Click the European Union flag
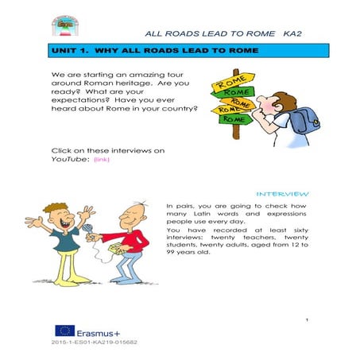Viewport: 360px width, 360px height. [64, 331]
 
